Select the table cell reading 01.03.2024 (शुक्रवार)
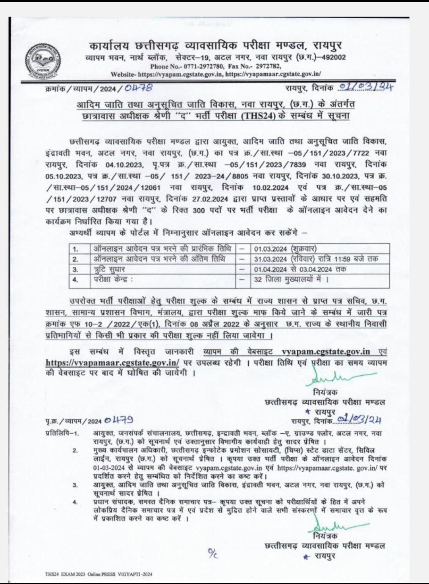pos(285,249)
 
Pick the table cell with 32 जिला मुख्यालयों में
pos(291,279)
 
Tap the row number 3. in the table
pos(75,269)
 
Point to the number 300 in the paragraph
pos(199,211)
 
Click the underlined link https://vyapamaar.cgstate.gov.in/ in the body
pos(112,362)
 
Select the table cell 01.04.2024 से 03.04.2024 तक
pos(300,269)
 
